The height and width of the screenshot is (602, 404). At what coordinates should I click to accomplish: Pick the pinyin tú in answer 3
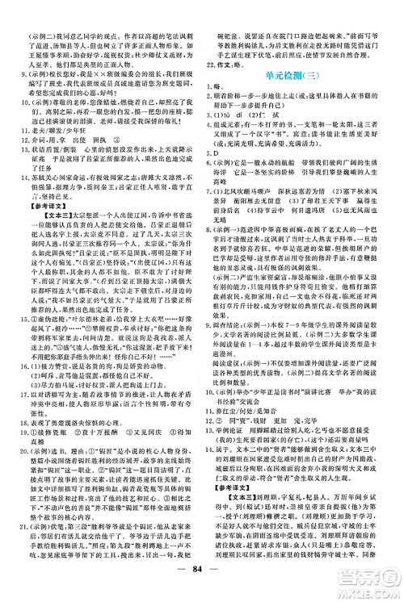click(x=242, y=104)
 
